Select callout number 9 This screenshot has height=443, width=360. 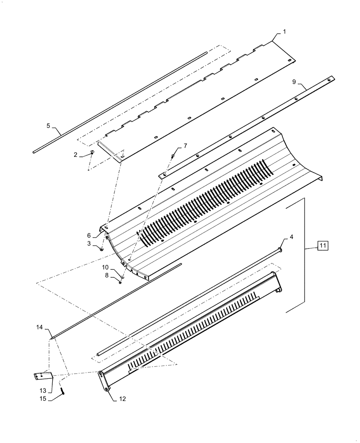[x=294, y=82]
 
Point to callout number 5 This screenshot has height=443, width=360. [x=48, y=126]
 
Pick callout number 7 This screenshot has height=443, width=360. [x=185, y=146]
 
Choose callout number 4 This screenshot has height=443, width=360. [x=291, y=238]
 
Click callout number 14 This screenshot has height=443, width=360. [x=39, y=327]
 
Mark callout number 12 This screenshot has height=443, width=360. [x=123, y=399]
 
